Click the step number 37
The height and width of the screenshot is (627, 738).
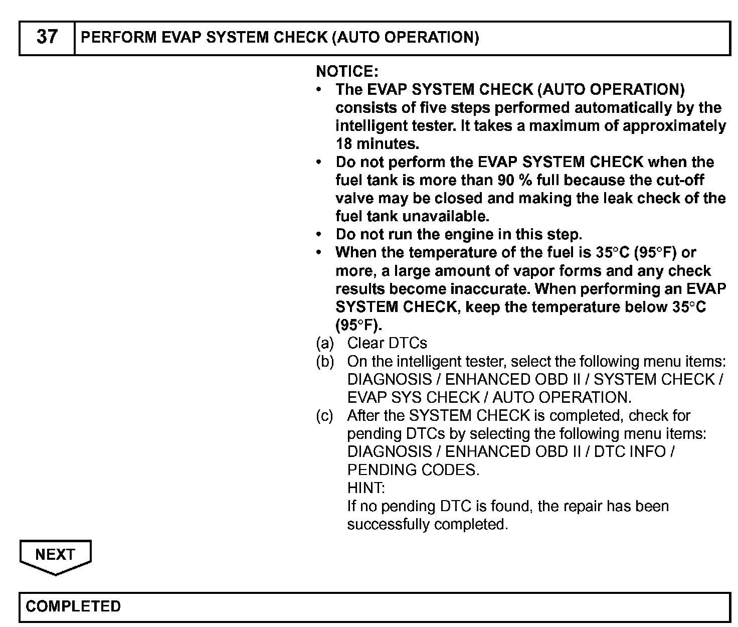[x=47, y=37]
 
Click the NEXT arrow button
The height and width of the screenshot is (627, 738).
[x=55, y=555]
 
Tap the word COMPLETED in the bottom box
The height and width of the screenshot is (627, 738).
[x=73, y=606]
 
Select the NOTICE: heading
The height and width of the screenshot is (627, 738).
[x=347, y=71]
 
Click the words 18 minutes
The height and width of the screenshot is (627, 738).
[x=377, y=144]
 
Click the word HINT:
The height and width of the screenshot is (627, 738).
[x=366, y=488]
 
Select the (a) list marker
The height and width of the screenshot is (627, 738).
[x=325, y=343]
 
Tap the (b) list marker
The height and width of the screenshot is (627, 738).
[x=325, y=361]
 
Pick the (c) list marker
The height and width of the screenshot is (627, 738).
[x=325, y=415]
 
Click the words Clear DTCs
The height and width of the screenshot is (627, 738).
[x=387, y=343]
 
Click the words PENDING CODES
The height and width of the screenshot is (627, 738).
[x=413, y=470]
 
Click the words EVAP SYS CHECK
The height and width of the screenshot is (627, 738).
[x=413, y=397]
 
